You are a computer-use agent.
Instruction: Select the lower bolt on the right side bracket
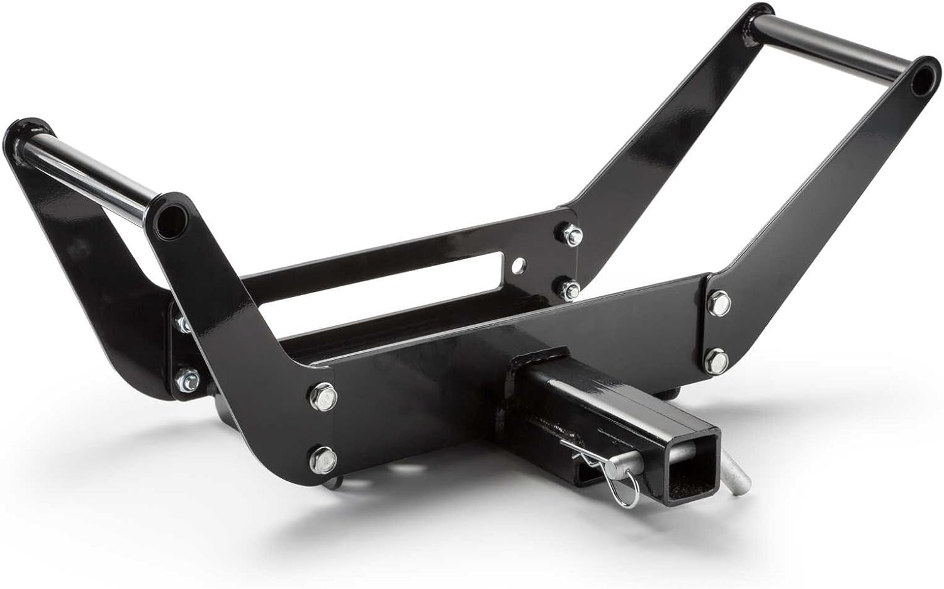coord(717,360)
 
